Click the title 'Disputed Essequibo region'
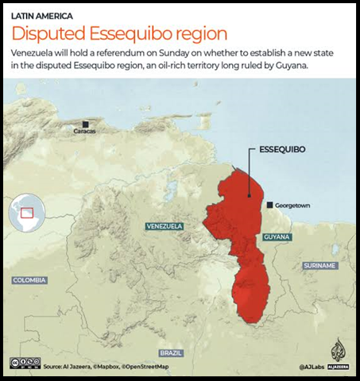pyautogui.click(x=118, y=33)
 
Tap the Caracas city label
pyautogui.click(x=85, y=131)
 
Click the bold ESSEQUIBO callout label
pyautogui.click(x=283, y=148)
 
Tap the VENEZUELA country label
pyautogui.click(x=165, y=226)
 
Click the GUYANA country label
pyautogui.click(x=277, y=237)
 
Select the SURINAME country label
pyautogui.click(x=319, y=265)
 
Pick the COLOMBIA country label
pyautogui.click(x=29, y=280)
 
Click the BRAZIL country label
pyautogui.click(x=170, y=352)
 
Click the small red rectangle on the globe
pyautogui.click(x=27, y=212)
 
